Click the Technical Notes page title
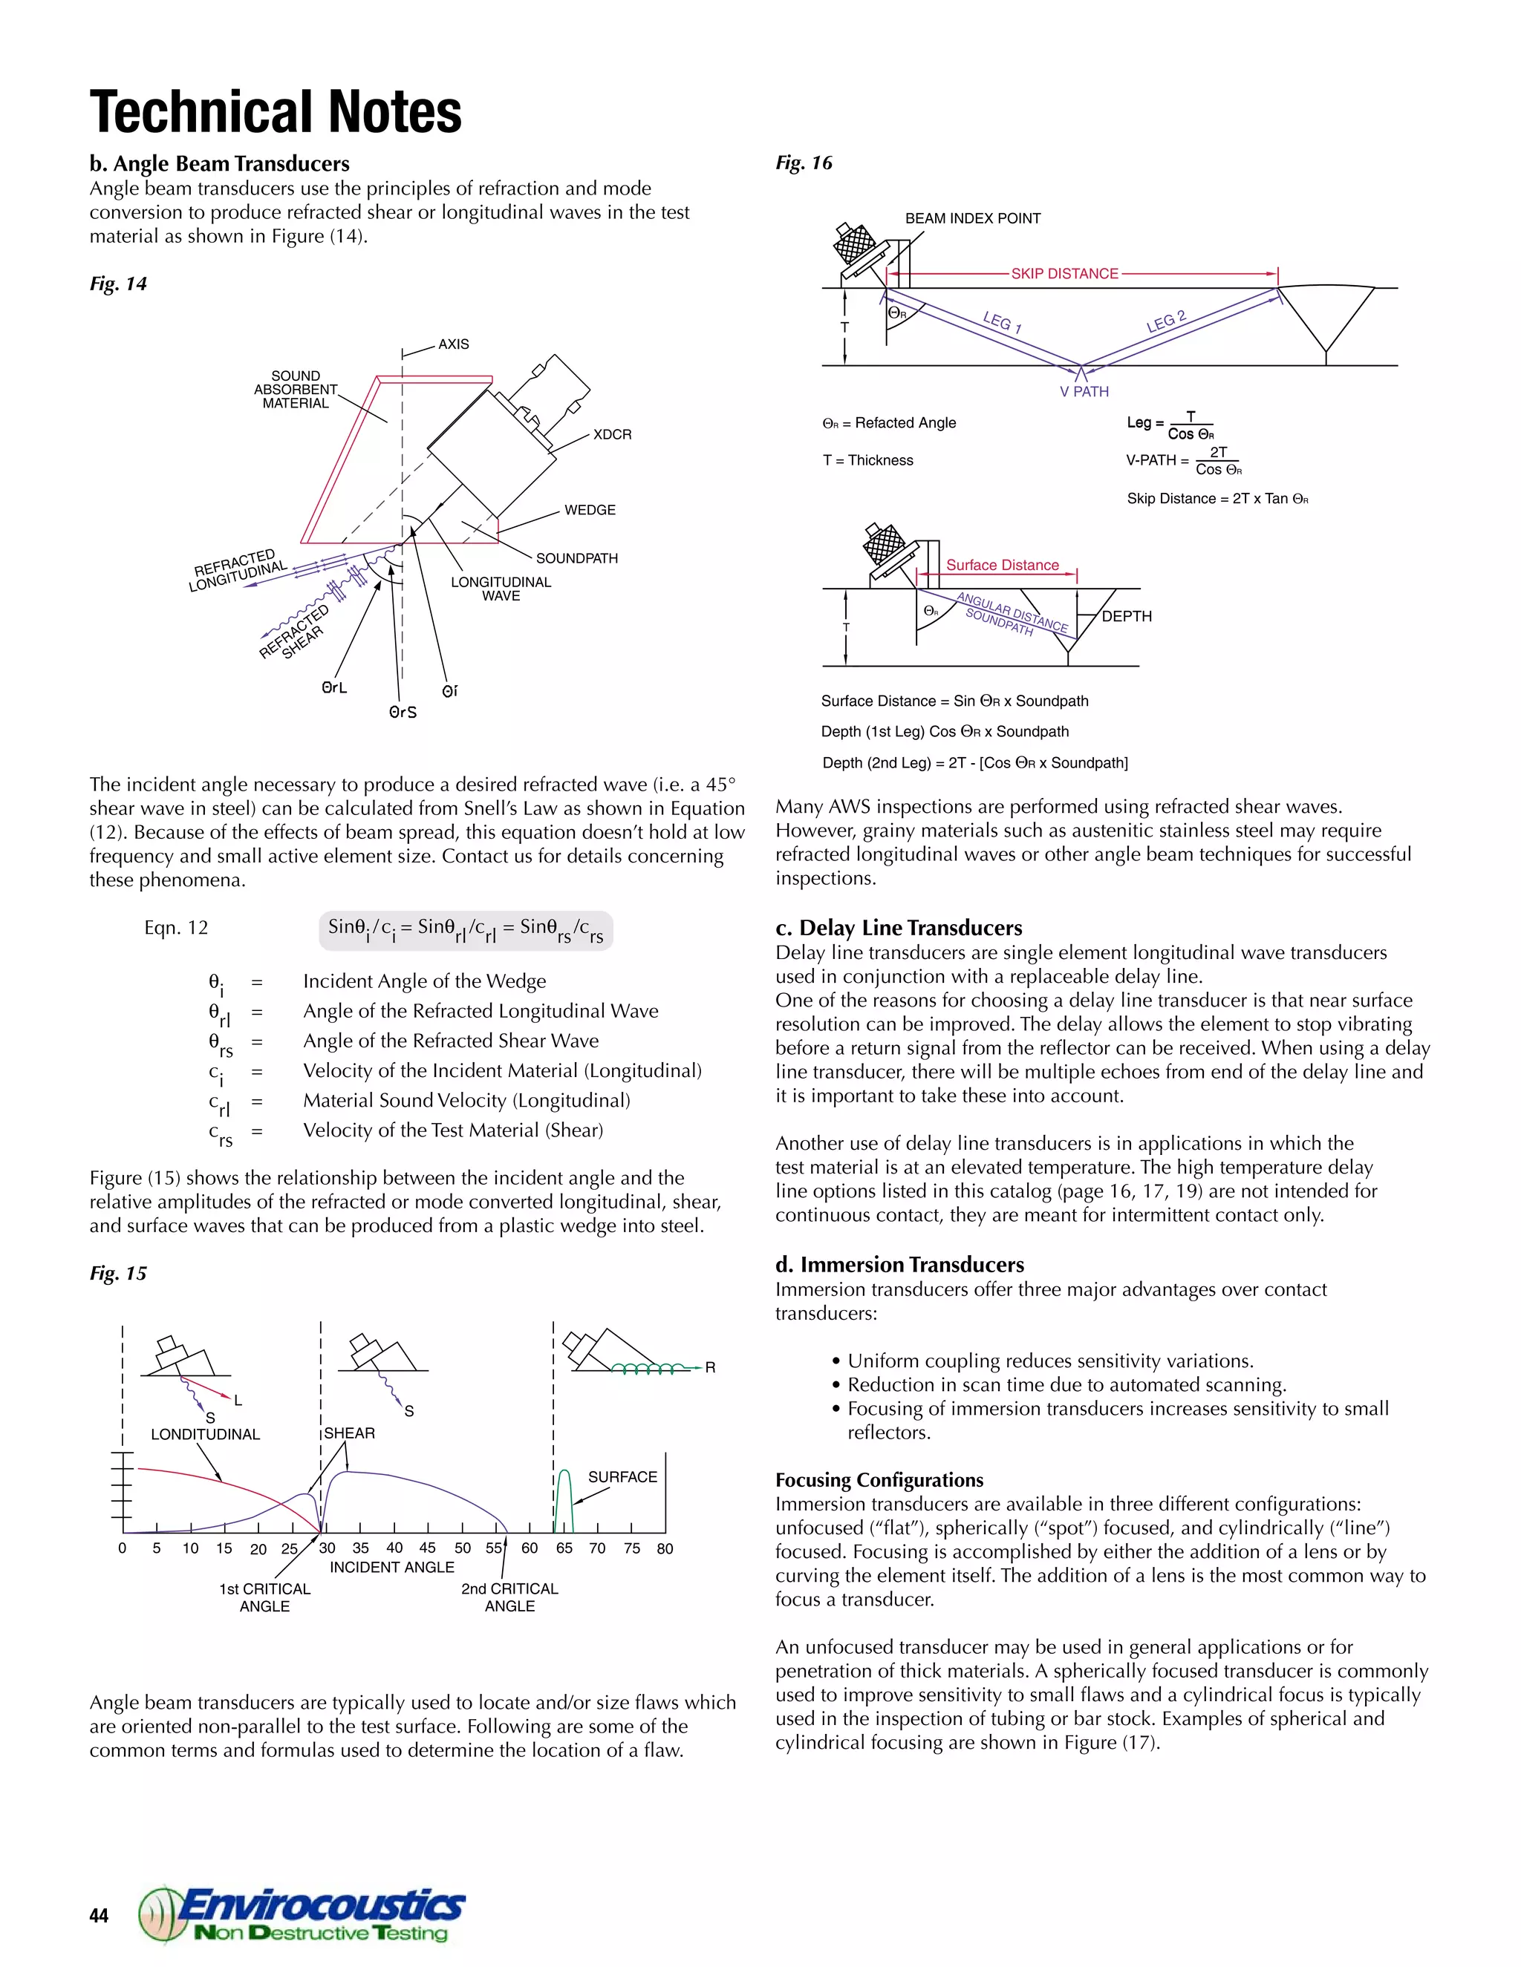[x=276, y=113]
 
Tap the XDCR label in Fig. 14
[x=612, y=434]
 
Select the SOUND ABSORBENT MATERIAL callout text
[x=296, y=389]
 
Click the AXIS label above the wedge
[x=453, y=344]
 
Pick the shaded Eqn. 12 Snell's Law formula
[x=466, y=929]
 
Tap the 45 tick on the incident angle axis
[x=427, y=1548]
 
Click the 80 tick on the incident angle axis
[x=665, y=1548]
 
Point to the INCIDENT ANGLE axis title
[x=392, y=1567]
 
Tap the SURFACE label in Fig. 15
[x=622, y=1477]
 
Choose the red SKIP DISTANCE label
[x=1064, y=274]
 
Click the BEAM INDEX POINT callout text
[x=972, y=218]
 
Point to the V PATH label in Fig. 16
[x=1084, y=392]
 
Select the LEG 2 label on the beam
[x=1166, y=321]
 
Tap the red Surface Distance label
[x=1002, y=566]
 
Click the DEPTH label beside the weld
[x=1127, y=616]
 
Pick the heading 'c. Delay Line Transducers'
[x=899, y=928]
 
